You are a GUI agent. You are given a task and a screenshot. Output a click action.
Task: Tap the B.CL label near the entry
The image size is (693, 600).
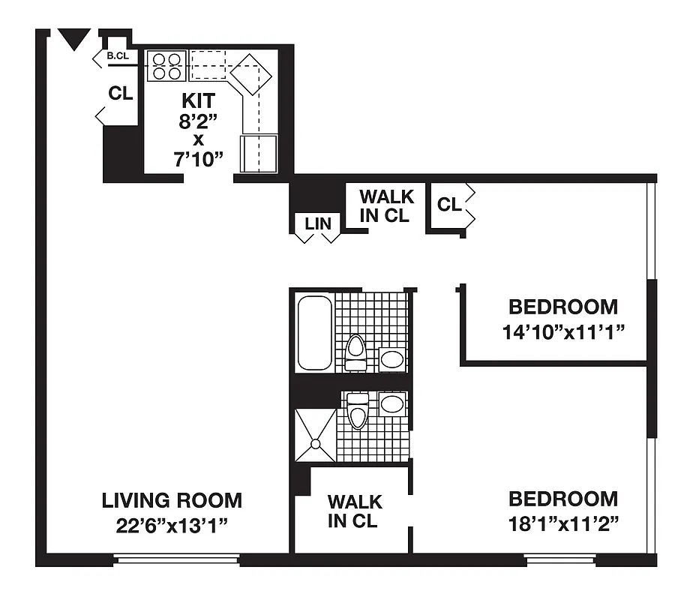pos(118,56)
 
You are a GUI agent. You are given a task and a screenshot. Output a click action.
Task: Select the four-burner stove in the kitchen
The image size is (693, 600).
pos(166,65)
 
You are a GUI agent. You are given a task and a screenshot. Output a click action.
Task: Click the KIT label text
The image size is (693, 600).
pos(198,100)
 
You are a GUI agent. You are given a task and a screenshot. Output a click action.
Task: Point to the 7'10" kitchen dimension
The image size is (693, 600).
pos(198,158)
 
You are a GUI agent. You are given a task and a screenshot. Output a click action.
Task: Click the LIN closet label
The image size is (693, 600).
pos(317,223)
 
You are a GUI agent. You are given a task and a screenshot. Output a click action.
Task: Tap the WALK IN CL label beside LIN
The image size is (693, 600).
pos(386,206)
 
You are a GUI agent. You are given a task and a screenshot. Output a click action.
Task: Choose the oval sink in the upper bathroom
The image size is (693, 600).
pos(391,358)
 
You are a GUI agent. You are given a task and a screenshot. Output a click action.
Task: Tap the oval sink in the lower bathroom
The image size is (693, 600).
pos(391,405)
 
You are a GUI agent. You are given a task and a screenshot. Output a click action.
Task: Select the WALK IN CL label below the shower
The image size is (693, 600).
pos(354,511)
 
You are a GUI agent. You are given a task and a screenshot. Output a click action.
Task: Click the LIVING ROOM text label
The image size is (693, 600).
pos(172,500)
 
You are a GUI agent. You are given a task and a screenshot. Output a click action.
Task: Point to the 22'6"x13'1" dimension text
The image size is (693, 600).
pos(172,524)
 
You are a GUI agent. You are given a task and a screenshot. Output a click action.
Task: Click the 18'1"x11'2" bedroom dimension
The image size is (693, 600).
pos(563,523)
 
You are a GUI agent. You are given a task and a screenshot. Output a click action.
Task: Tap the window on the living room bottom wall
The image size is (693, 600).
pos(176,559)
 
